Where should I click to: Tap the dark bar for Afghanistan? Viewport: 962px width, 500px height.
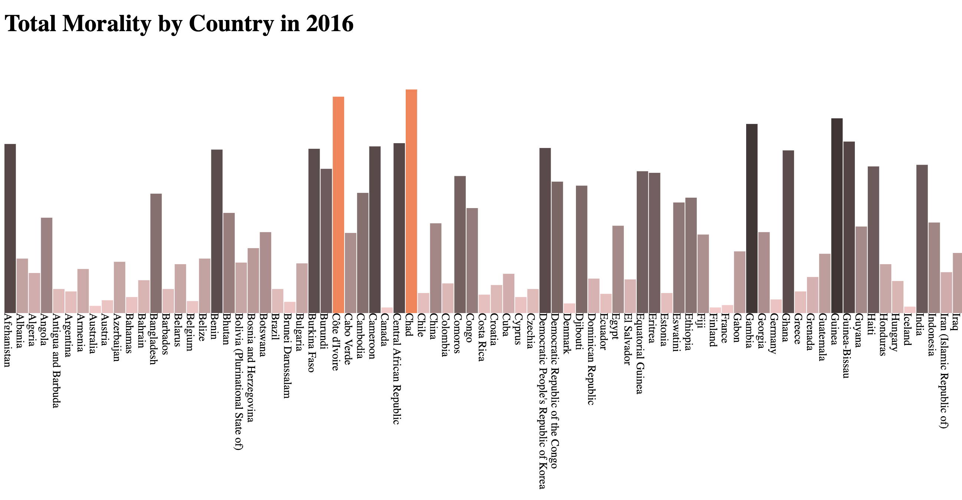pos(10,228)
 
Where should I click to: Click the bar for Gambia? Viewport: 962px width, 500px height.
pos(752,218)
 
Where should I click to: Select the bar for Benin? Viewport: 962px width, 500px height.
pos(217,231)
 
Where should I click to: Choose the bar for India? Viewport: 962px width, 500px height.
pos(922,239)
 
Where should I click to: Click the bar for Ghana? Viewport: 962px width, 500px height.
pos(788,231)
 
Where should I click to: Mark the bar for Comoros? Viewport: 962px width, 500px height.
pos(460,244)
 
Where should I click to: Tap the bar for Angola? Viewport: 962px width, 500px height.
pos(46,265)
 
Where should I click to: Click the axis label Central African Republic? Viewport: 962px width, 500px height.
pos(396,369)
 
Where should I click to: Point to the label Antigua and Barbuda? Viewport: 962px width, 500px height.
pos(56,361)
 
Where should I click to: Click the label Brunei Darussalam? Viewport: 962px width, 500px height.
pos(287,356)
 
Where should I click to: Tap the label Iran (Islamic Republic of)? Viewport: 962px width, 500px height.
pos(944,371)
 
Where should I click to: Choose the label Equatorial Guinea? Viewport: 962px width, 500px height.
pos(640,353)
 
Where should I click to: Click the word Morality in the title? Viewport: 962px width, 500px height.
pos(107,23)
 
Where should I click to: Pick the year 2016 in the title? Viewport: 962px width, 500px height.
pos(329,23)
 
